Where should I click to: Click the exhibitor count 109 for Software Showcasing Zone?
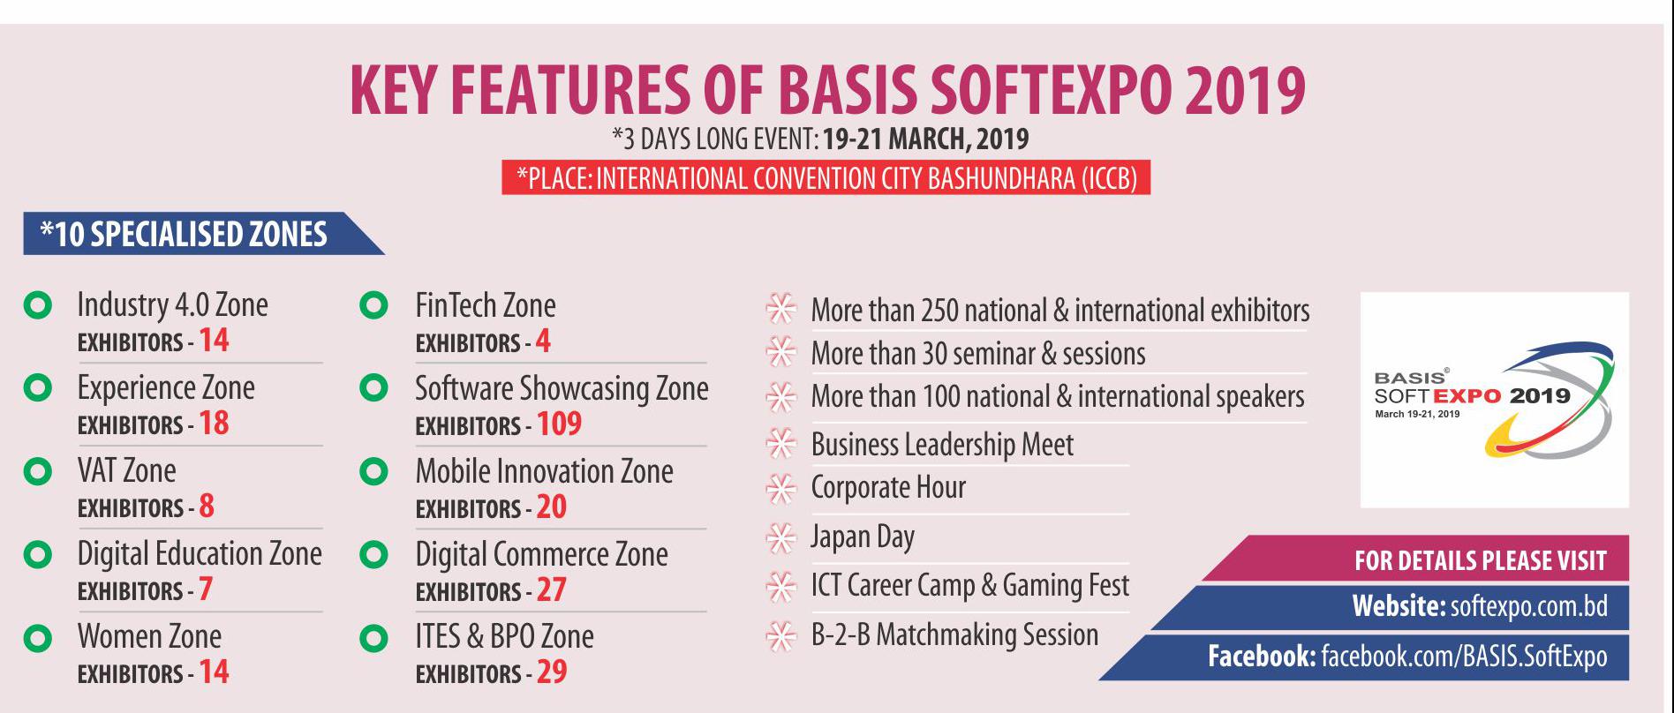coord(559,424)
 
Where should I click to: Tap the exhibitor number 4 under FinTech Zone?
coord(543,341)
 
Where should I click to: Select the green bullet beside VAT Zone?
coord(37,471)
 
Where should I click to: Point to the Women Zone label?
coord(149,636)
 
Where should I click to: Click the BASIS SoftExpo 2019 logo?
coord(1494,400)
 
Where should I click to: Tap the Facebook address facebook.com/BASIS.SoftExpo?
coord(1464,657)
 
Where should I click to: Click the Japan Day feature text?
coord(863,537)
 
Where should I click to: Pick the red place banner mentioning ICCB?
coord(826,178)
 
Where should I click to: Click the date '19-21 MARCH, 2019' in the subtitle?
coord(926,139)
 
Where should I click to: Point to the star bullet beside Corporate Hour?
coord(780,488)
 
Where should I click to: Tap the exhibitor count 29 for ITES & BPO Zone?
coord(552,672)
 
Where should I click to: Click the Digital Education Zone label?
coord(200,554)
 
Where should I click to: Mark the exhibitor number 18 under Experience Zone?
coord(214,424)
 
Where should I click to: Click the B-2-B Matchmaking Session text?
coord(954,634)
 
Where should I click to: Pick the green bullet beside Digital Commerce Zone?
coord(374,555)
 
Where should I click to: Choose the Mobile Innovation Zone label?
coord(544,471)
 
